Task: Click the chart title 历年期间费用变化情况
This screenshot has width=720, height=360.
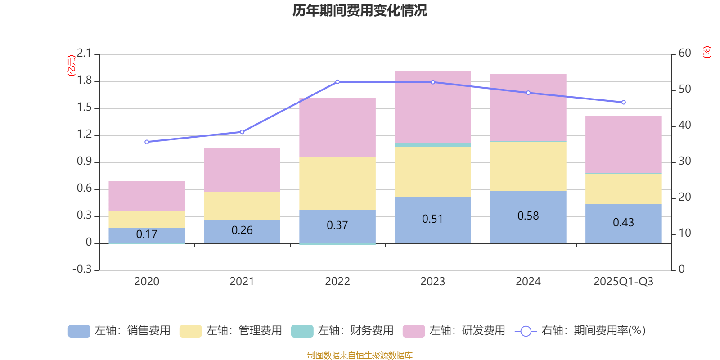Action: click(x=360, y=11)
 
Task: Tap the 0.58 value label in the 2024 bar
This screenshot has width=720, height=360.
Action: click(x=528, y=216)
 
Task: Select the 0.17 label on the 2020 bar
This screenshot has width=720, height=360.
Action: click(x=147, y=234)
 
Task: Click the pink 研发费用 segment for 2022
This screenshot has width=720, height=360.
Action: click(x=337, y=128)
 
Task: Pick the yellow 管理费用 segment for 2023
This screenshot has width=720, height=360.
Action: click(x=433, y=171)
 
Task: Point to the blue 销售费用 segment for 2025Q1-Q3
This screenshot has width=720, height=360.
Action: click(x=623, y=224)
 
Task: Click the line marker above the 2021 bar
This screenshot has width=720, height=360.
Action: click(x=242, y=132)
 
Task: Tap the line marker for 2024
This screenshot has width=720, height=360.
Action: click(x=528, y=93)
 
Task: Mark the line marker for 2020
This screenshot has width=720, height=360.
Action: click(x=147, y=142)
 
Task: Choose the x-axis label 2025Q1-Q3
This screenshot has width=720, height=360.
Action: click(x=623, y=282)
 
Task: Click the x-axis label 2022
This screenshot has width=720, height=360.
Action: click(x=337, y=282)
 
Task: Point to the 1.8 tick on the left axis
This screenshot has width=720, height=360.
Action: click(x=84, y=81)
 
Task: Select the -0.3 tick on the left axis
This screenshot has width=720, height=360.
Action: click(x=82, y=269)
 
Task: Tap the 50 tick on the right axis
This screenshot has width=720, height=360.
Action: click(x=684, y=89)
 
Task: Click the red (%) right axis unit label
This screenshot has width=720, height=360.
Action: click(x=707, y=52)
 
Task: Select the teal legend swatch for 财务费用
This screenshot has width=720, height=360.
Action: click(x=302, y=331)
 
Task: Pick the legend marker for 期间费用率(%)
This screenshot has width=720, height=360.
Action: click(x=526, y=331)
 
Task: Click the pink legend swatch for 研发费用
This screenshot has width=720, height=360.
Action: click(x=414, y=331)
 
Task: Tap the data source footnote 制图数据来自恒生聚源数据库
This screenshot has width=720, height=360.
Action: click(x=360, y=355)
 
